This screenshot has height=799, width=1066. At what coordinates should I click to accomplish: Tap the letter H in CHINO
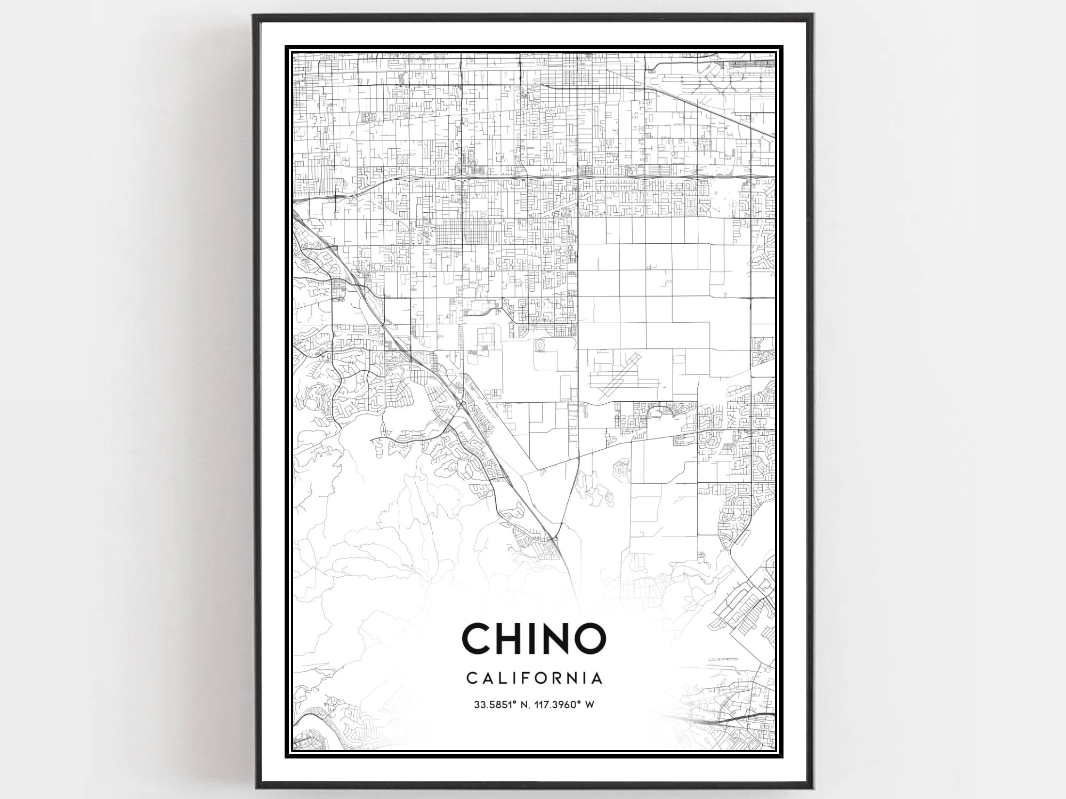513,638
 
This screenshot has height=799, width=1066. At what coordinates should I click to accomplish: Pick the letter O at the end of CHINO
592,638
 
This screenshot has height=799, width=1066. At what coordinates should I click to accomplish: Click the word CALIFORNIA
535,678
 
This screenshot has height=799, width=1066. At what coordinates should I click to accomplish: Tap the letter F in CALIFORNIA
528,678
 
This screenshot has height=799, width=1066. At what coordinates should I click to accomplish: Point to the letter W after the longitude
590,705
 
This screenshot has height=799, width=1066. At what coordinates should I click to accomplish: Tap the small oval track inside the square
540,347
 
